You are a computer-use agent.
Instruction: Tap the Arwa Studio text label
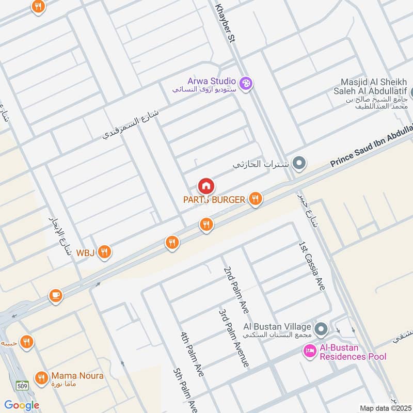(212, 81)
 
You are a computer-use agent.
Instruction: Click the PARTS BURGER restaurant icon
(255, 199)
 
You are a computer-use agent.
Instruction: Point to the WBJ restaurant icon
(105, 252)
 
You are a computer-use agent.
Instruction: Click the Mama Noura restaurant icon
(41, 378)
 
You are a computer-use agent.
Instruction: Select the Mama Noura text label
(77, 376)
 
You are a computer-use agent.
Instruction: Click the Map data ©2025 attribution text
(385, 408)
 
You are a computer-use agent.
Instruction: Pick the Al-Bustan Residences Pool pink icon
(309, 352)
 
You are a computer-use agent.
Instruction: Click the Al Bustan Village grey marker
(321, 328)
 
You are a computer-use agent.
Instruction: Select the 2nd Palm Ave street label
(236, 290)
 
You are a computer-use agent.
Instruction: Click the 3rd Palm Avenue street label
(234, 338)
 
